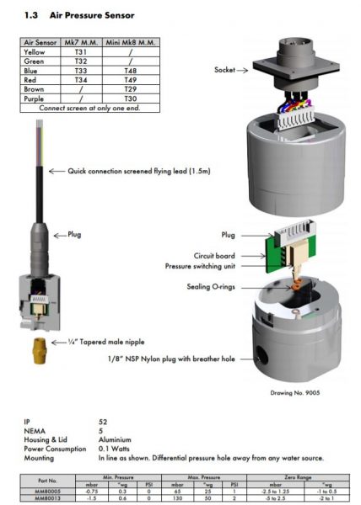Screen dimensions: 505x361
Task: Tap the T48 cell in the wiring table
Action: coord(130,72)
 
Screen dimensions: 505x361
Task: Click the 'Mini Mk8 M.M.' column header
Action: coord(130,40)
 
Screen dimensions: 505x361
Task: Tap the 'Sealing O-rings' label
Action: coord(210,286)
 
